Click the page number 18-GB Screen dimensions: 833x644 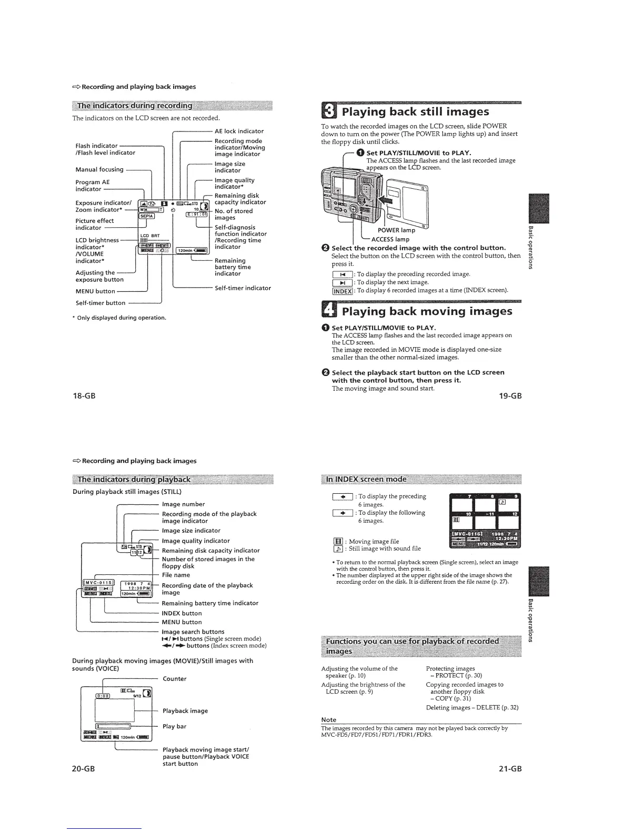tap(84, 395)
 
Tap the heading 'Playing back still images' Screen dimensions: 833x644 tap(415, 111)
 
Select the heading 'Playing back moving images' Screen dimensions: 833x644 tap(427, 311)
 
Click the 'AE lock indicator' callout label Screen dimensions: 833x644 tap(239, 131)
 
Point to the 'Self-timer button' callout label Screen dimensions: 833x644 tap(100, 303)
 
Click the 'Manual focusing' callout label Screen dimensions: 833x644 tap(99, 169)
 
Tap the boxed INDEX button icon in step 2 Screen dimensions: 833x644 tap(343, 291)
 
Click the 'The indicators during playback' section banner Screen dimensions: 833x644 tap(134, 479)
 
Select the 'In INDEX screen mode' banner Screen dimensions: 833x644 tap(366, 479)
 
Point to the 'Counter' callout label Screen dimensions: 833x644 tap(175, 678)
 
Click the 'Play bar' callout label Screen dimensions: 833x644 tap(175, 726)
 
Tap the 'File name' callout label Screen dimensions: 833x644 tap(176, 575)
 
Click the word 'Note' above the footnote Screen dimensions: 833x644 tap(329, 719)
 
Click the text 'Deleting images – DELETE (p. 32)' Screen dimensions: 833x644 tap(472, 707)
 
